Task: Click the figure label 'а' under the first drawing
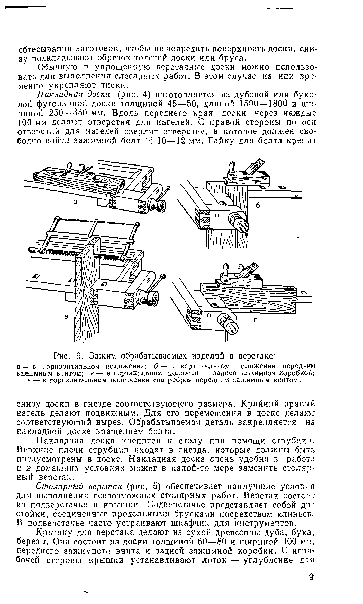pyautogui.click(x=75, y=202)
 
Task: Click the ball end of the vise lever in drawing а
pyautogui.click(x=168, y=188)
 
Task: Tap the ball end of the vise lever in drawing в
pyautogui.click(x=163, y=277)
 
